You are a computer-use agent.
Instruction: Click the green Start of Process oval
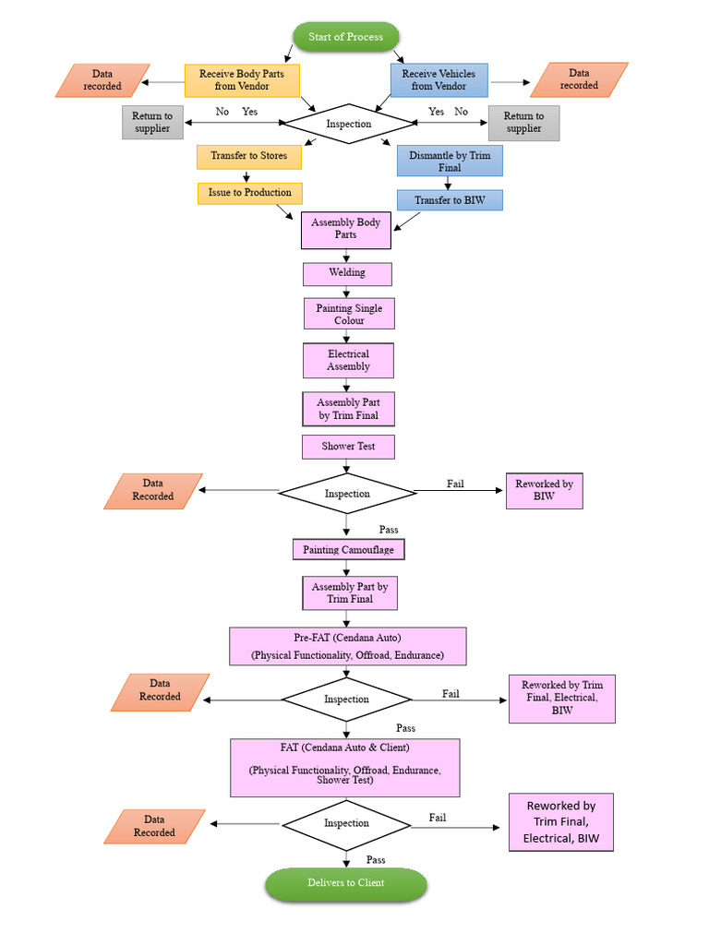(x=346, y=37)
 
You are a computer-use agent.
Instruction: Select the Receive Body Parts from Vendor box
(x=243, y=80)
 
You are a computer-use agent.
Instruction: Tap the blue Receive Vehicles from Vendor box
(x=439, y=80)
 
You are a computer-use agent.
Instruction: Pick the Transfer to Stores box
(x=248, y=156)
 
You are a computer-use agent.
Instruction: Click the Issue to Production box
(x=249, y=193)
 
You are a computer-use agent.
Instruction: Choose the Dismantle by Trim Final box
(x=450, y=161)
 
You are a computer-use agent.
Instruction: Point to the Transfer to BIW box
(x=450, y=200)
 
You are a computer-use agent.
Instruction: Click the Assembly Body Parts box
(x=346, y=229)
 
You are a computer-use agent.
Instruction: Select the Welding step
(x=347, y=273)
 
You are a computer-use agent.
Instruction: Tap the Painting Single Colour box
(x=349, y=314)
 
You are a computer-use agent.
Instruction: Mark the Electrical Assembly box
(x=348, y=360)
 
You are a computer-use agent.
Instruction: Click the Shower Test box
(x=348, y=447)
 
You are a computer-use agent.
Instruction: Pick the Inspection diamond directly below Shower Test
(x=346, y=494)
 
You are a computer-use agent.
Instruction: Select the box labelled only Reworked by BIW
(x=544, y=491)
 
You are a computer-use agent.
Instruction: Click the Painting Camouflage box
(x=348, y=550)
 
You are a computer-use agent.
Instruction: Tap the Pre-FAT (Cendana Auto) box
(x=347, y=646)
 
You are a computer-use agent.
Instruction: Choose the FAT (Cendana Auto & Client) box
(x=344, y=767)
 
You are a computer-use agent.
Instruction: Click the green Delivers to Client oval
(x=346, y=883)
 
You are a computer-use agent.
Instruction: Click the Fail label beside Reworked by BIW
(x=455, y=484)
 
